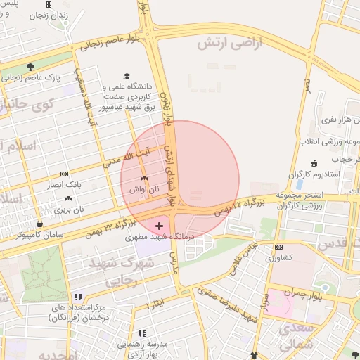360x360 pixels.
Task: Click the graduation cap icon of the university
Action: pyautogui.click(x=127, y=76)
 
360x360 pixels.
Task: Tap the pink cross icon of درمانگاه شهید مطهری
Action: pyautogui.click(x=160, y=226)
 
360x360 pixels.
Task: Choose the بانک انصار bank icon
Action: pyautogui.click(x=65, y=174)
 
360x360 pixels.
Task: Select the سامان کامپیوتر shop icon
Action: pyautogui.click(x=40, y=224)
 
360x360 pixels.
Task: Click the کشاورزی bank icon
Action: pyautogui.click(x=278, y=247)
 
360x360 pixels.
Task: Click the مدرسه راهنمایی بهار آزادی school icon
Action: pyautogui.click(x=141, y=333)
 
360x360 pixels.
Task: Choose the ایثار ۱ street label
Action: pyautogui.click(x=159, y=304)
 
